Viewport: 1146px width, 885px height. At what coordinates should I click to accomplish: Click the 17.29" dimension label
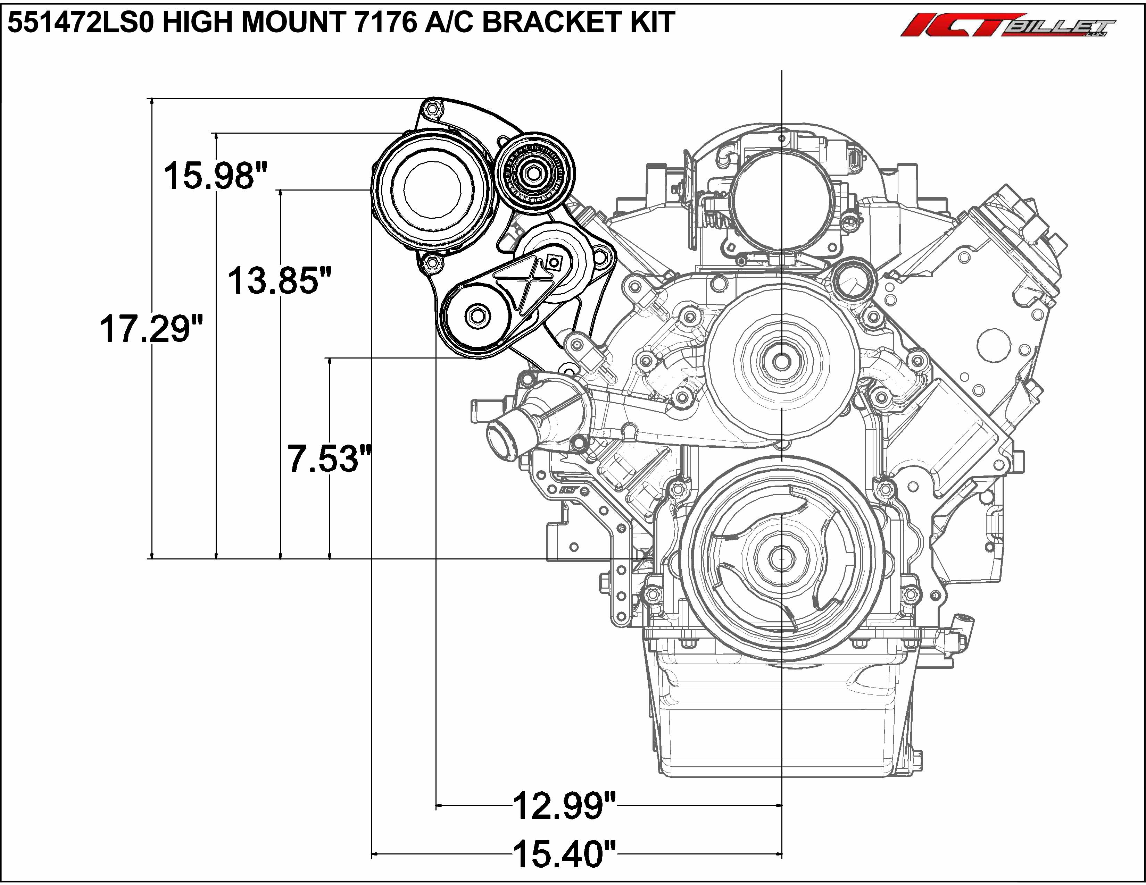151,329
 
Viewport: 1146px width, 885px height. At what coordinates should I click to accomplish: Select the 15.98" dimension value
216,175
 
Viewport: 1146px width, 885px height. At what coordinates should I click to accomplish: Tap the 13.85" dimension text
280,280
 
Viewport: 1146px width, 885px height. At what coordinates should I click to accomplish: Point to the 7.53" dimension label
329,458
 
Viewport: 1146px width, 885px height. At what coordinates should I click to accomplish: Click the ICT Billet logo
1007,25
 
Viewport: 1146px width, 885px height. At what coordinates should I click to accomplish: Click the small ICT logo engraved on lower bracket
568,490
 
